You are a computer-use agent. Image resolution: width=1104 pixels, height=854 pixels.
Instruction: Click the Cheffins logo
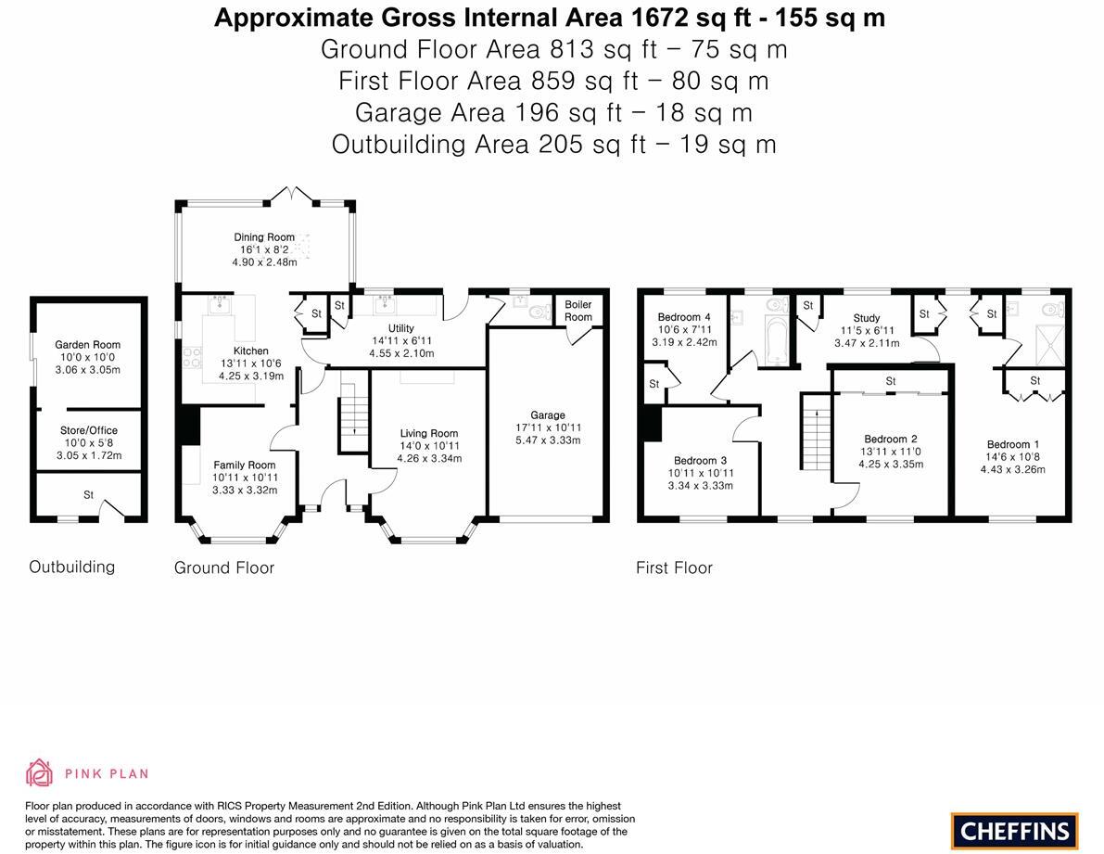coord(1015,831)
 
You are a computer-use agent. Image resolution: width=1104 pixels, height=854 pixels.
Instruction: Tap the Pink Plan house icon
coord(40,772)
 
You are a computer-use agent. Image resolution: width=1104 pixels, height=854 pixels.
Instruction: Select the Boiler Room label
coord(578,311)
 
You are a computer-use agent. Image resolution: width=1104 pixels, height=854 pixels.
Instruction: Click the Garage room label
coord(548,414)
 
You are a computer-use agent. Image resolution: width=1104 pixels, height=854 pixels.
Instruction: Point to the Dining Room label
coord(264,237)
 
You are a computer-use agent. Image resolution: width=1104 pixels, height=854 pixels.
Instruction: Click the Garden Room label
coord(87,344)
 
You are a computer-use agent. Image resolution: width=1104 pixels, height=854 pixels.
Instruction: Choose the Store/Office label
coord(89,430)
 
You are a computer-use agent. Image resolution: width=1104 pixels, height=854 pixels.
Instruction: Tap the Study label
coord(867,317)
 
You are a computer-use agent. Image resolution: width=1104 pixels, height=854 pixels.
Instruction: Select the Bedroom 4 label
coord(684,317)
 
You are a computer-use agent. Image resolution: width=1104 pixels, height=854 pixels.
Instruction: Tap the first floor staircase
coord(816,431)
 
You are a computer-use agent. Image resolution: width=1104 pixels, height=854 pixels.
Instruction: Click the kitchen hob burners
coord(192,358)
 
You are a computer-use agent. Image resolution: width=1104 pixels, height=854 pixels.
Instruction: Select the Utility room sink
coord(385,304)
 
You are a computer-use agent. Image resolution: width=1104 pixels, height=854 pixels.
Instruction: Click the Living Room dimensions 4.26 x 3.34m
coord(429,458)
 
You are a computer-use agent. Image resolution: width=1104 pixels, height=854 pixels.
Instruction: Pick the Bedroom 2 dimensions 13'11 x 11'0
coord(891,452)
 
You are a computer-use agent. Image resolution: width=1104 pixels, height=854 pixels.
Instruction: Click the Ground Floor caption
coord(224,567)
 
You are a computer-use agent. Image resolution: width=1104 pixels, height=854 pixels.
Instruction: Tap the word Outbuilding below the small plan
coord(71,567)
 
